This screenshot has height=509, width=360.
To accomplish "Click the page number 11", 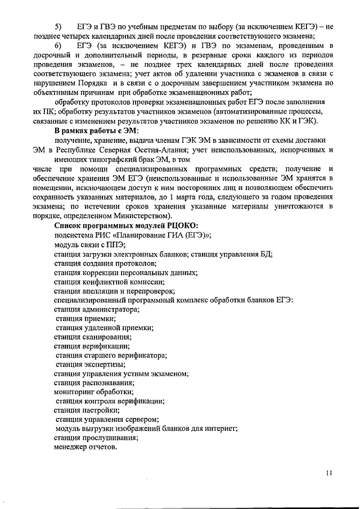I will pyautogui.click(x=329, y=473).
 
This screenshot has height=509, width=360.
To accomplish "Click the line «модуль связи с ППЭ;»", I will pyautogui.click(x=89, y=245).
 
